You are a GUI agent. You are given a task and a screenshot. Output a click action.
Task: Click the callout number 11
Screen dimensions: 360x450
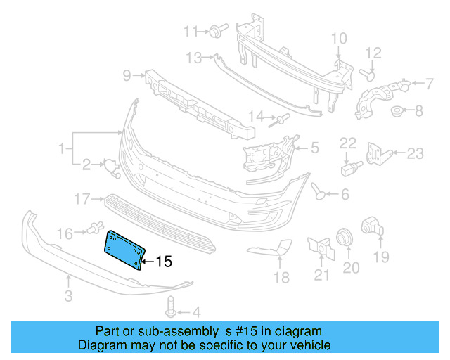191,31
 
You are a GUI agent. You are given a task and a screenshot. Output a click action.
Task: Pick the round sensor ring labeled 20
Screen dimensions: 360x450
345,238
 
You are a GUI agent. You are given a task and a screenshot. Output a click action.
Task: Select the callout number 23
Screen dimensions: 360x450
416,153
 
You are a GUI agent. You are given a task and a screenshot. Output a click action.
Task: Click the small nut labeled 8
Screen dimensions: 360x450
397,110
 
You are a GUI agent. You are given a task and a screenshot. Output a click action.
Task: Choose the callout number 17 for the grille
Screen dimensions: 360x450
82,198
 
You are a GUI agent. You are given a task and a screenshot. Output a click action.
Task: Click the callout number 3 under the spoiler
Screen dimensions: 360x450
68,297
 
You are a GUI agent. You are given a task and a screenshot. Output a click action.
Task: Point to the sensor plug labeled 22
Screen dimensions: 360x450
349,169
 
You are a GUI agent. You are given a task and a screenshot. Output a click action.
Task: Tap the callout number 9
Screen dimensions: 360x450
127,75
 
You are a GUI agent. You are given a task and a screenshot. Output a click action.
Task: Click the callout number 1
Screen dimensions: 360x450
63,148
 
